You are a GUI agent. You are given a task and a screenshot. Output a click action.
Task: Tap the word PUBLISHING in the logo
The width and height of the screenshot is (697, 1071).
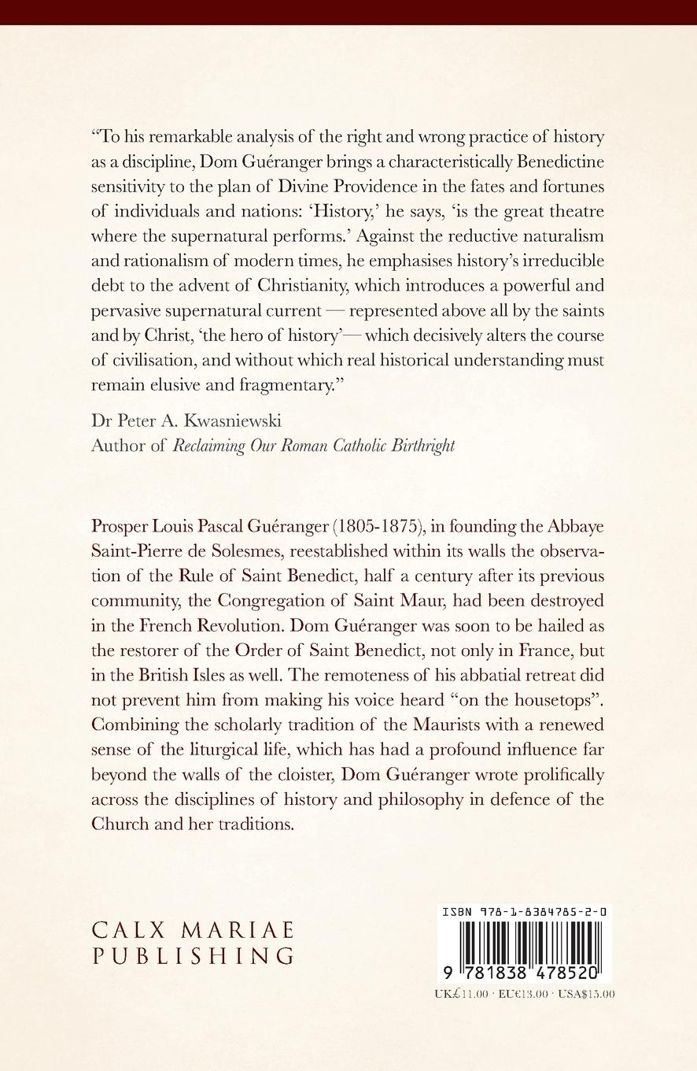pyautogui.click(x=193, y=956)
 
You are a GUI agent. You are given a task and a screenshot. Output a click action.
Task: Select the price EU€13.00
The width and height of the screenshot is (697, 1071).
pyautogui.click(x=522, y=994)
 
